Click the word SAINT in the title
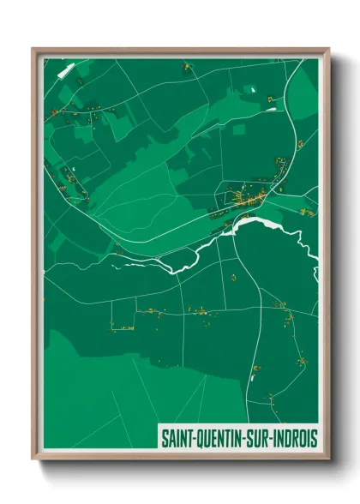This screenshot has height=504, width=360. coord(177,438)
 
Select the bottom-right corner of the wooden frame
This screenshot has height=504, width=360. coord(328,460)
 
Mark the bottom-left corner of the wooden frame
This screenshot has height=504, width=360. coord(33,460)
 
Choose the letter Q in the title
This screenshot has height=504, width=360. coord(200,438)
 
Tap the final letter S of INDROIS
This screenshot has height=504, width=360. coord(314,438)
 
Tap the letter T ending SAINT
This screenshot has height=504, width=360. coord(189,438)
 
